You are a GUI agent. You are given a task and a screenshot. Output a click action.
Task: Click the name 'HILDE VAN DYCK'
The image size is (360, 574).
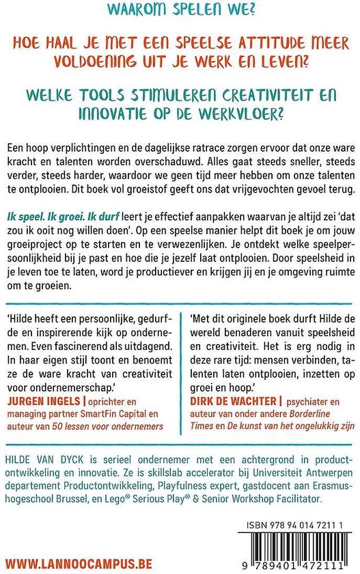click(x=40, y=454)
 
